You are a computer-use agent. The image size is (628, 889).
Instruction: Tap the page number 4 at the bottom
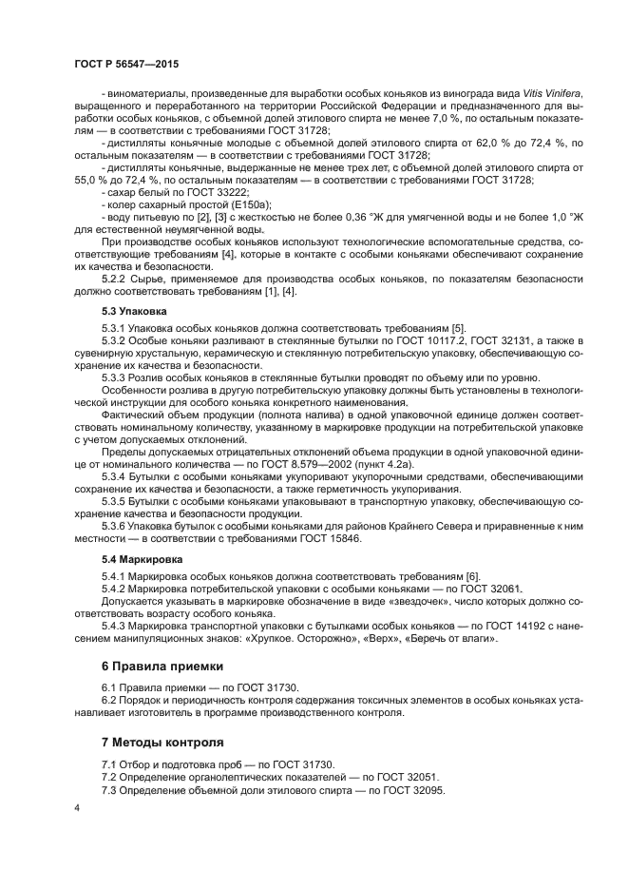[77, 807]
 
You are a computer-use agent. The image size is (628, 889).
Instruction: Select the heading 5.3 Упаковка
[134, 312]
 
